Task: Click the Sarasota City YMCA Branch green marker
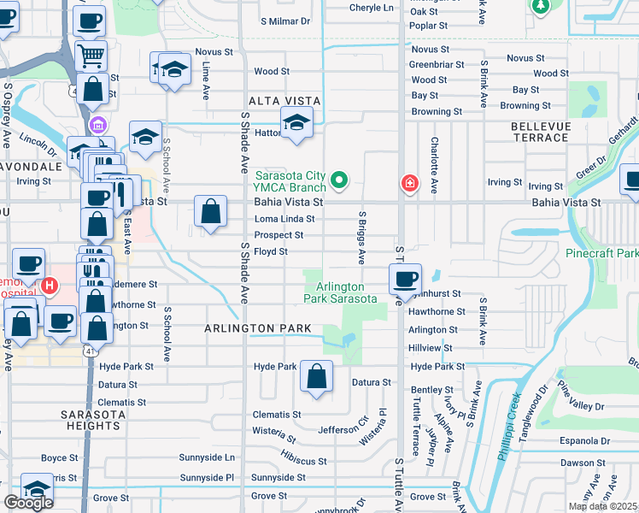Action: tap(339, 180)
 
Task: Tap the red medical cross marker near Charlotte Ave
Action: tap(410, 184)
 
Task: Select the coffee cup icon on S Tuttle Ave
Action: tap(406, 278)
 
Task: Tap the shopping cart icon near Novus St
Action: tap(91, 56)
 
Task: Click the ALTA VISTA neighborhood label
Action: tap(277, 100)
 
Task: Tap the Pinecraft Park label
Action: tap(601, 254)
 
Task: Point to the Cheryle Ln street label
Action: tap(376, 8)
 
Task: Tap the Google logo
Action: tap(28, 503)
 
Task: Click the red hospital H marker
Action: tap(50, 286)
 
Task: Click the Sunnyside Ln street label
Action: tap(207, 457)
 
